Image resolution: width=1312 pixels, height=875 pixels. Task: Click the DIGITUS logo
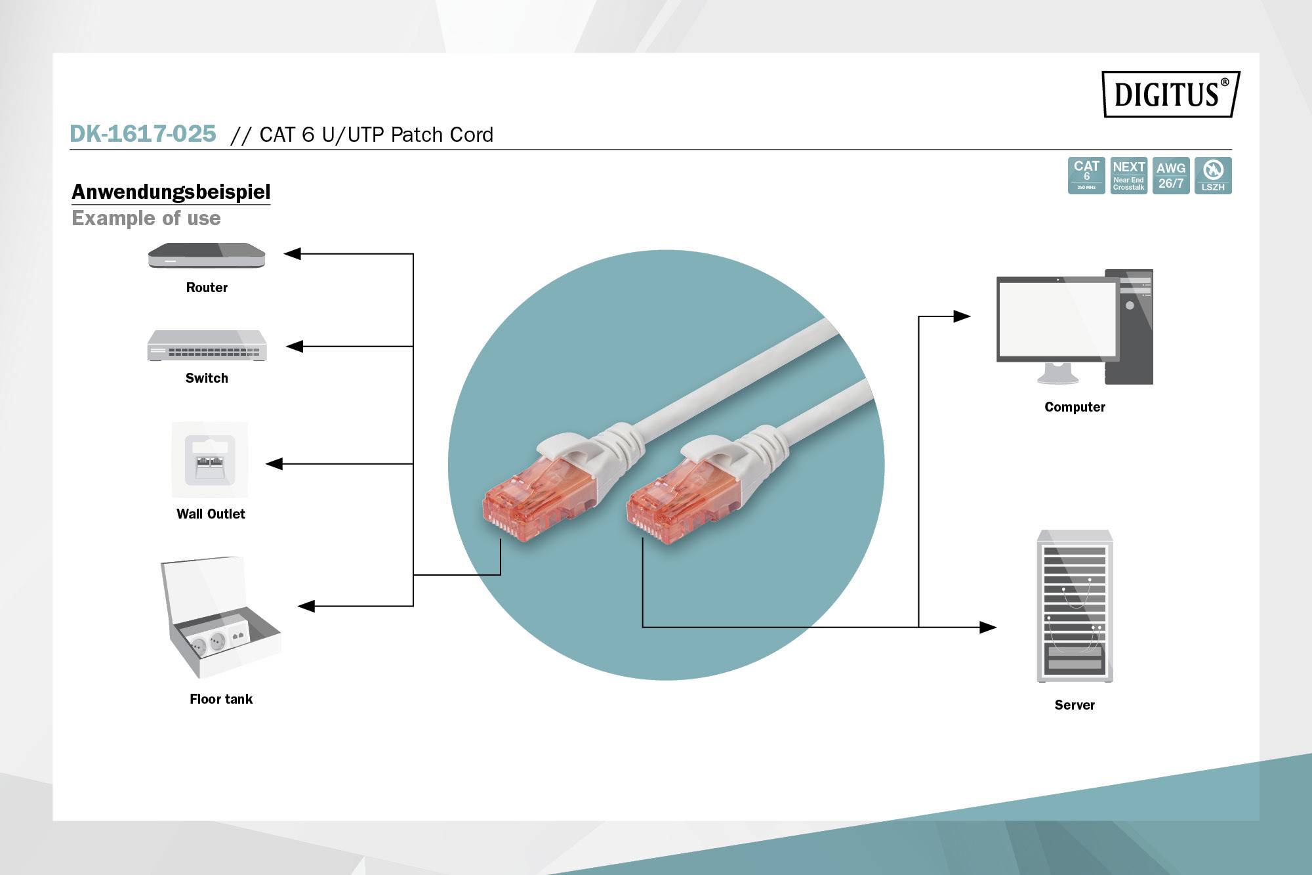1170,94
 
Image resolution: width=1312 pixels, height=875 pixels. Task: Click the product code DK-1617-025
143,134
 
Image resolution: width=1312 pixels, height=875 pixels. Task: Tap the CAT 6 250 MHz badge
1086,175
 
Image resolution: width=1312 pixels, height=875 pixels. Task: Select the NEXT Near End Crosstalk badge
1128,175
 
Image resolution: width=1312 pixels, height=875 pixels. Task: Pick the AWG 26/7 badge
1170,175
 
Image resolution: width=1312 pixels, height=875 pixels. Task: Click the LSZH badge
1213,175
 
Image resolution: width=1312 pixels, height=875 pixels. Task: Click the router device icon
207,255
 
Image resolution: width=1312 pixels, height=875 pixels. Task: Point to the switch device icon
207,346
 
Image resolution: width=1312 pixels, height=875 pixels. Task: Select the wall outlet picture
210,459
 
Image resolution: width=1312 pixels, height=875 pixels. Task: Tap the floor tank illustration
220,620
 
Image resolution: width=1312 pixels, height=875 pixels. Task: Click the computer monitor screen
1057,318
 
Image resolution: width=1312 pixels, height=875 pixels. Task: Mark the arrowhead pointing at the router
293,253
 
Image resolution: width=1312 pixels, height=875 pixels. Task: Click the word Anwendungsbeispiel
171,192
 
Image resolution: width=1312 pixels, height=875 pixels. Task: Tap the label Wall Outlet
211,514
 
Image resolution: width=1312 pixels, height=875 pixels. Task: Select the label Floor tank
221,699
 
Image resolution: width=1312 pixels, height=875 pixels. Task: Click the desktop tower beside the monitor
1128,327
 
